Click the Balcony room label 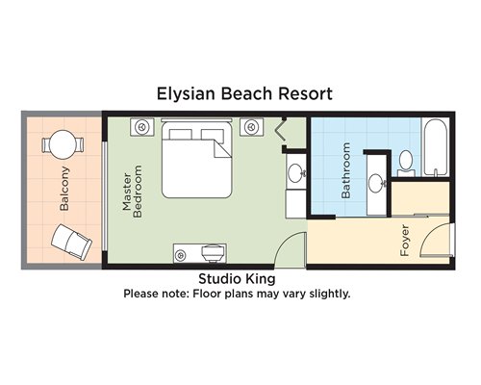click(64, 189)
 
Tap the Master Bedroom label click(132, 192)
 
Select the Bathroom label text click(345, 170)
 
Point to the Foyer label click(405, 241)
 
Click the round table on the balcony click(63, 144)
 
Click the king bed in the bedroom click(196, 159)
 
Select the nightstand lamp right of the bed click(251, 127)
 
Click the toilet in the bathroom click(406, 163)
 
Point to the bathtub click(436, 147)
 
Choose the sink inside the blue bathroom click(376, 183)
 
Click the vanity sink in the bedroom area click(296, 173)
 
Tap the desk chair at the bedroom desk click(212, 253)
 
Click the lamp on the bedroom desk click(181, 256)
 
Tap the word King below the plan click(261, 279)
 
